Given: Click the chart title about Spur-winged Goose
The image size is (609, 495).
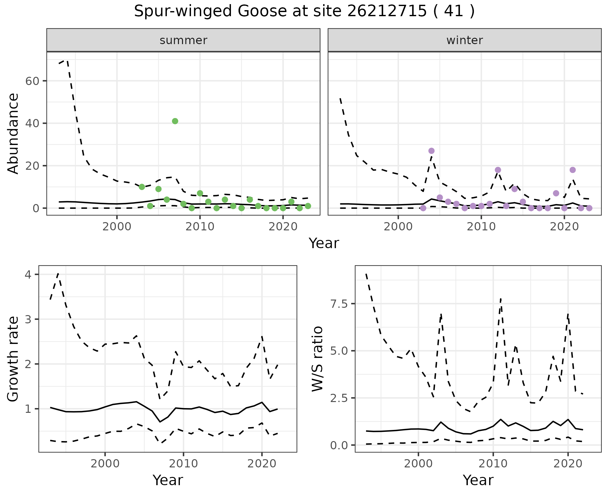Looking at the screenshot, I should pos(304,11).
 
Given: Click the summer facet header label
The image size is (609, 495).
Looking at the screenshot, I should pos(183,40).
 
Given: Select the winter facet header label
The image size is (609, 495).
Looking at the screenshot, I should pos(464,40).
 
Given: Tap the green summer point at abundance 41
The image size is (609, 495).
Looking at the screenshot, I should pos(175,121).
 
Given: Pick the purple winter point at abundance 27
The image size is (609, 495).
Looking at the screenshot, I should pos(431,151).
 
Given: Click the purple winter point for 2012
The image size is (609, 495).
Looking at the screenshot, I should pos(498,170).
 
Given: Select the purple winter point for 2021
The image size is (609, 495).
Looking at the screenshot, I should pos(573,170).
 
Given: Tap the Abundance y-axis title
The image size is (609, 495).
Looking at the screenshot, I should pos(13,134).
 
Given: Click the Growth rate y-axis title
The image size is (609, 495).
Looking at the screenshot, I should pos(13,359).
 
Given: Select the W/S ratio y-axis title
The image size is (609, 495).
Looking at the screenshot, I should pos(317,359).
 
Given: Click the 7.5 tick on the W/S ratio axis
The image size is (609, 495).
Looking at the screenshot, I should pos(339,304).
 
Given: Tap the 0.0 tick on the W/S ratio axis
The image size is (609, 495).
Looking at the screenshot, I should pos(339,445).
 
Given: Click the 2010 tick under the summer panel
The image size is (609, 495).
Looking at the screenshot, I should pos(200,227).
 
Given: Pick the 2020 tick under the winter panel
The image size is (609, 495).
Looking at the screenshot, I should pos(564,227).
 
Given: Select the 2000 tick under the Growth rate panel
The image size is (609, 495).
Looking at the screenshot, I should pos(105,464).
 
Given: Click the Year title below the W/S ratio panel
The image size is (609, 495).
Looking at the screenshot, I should pos(478,480).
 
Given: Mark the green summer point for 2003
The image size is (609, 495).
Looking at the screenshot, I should pos(142,187).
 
